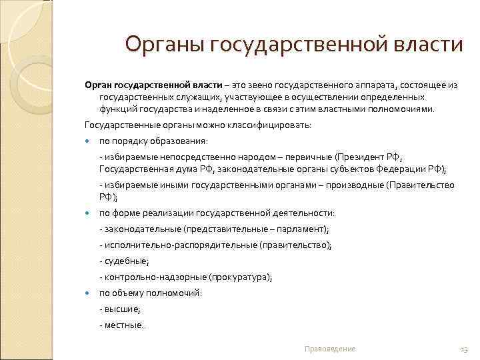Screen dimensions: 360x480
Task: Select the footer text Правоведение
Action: [329, 349]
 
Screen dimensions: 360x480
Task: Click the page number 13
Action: [464, 349]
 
